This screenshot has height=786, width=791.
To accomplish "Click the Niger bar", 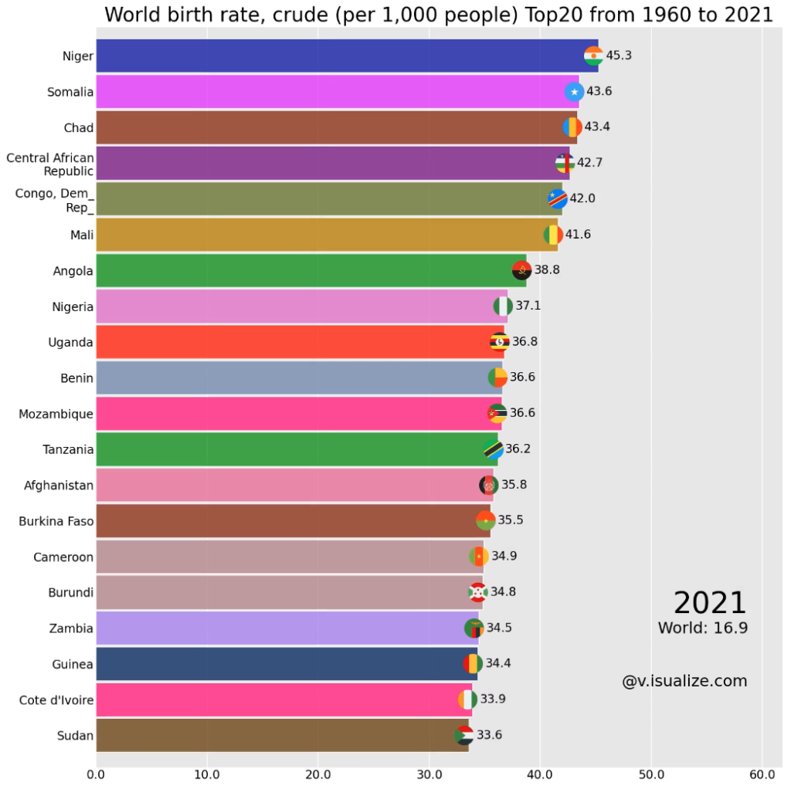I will pyautogui.click(x=340, y=56).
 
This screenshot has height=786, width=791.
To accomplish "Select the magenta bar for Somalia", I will pyautogui.click(x=332, y=92).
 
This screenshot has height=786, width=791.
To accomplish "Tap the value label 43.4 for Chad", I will pyautogui.click(x=597, y=127).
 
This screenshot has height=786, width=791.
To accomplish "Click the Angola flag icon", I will pyautogui.click(x=521, y=270).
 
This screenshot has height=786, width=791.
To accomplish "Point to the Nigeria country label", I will pyautogui.click(x=73, y=307).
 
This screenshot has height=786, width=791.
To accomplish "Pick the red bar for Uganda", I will pyautogui.click(x=294, y=342).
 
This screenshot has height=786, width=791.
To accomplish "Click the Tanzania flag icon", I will pyautogui.click(x=493, y=449).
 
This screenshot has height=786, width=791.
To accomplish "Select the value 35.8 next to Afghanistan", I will pyautogui.click(x=514, y=485).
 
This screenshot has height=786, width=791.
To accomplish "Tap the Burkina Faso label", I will pyautogui.click(x=56, y=521).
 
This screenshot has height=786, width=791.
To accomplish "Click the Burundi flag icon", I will pyautogui.click(x=477, y=592).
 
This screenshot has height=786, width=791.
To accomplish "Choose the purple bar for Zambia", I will pyautogui.click(x=286, y=628).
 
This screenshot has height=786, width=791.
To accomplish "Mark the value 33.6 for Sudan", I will pyautogui.click(x=489, y=735).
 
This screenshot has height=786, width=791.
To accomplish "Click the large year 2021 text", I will pyautogui.click(x=709, y=603).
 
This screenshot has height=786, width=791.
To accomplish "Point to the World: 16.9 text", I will pyautogui.click(x=702, y=628).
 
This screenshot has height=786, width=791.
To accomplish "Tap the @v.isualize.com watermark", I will pyautogui.click(x=684, y=681).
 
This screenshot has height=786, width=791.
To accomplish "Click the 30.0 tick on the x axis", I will pyautogui.click(x=429, y=774).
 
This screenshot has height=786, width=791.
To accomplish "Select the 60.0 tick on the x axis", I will pyautogui.click(x=762, y=774).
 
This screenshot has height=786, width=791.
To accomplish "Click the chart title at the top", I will pyautogui.click(x=438, y=15).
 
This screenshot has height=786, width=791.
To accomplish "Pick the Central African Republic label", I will pyautogui.click(x=51, y=164).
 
